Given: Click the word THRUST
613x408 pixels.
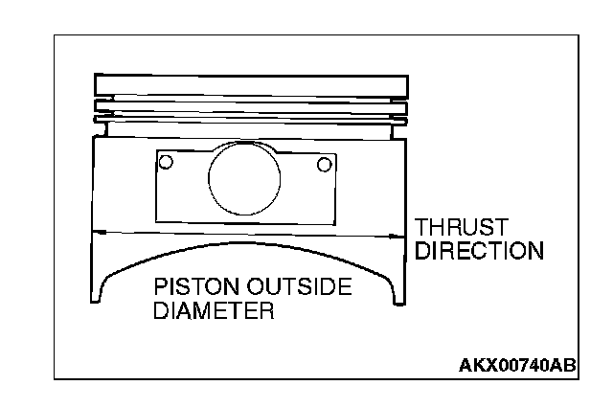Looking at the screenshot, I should tap(461, 229).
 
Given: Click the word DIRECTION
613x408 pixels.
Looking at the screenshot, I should tap(478, 252).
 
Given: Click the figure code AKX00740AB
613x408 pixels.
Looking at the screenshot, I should tap(516, 365).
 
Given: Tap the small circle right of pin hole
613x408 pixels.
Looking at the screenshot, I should tap(325, 165).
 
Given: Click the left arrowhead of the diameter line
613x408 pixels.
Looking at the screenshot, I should tap(99, 233).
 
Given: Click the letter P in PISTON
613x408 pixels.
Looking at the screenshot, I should tap(161, 288).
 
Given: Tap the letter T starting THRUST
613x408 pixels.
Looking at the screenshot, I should tap(422, 229).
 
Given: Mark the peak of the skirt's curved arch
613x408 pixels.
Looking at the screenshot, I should tap(246, 246).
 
